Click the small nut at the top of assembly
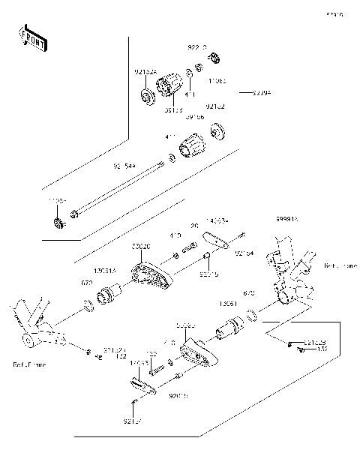(x=214, y=58)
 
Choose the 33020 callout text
(x=140, y=246)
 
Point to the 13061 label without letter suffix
(x=229, y=304)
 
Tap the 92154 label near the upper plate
(x=244, y=253)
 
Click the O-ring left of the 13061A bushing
(x=88, y=304)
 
